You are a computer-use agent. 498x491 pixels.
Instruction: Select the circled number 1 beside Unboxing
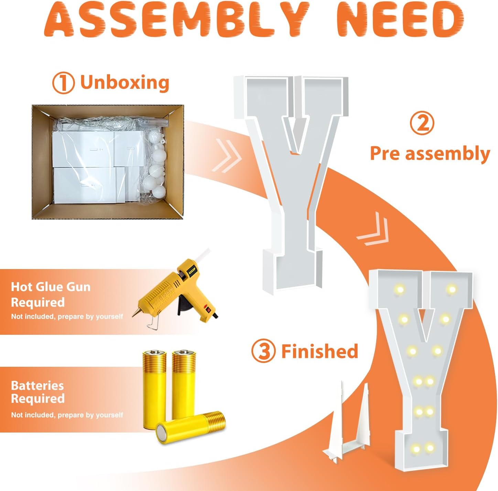(x=63, y=83)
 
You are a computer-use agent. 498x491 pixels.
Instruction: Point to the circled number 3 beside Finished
(x=263, y=351)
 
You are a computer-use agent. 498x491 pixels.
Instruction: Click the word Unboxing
(x=125, y=82)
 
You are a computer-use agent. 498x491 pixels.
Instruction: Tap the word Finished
(x=320, y=351)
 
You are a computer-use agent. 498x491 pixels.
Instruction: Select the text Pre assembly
(x=430, y=154)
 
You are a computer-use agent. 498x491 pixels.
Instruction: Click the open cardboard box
(x=108, y=162)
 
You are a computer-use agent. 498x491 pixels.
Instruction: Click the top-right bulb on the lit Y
(x=452, y=289)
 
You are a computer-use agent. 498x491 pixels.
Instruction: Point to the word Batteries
(x=37, y=386)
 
